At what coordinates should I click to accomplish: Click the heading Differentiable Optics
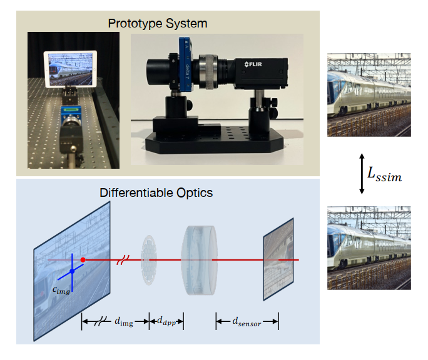pyautogui.click(x=156, y=192)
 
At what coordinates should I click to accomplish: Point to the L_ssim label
pyautogui.click(x=384, y=177)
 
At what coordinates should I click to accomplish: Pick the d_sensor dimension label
pyautogui.click(x=247, y=322)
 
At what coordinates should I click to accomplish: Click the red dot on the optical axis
pyautogui.click(x=83, y=259)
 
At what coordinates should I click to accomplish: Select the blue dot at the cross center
pyautogui.click(x=72, y=271)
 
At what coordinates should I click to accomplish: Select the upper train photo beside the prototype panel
pyautogui.click(x=369, y=94)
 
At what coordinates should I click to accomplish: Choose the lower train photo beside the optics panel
pyautogui.click(x=369, y=248)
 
